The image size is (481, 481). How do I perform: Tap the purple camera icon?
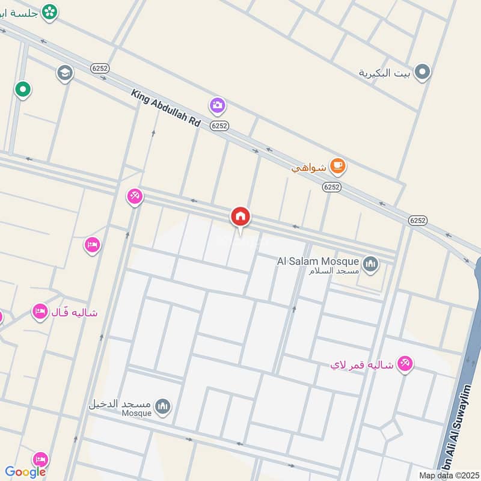click(x=218, y=106)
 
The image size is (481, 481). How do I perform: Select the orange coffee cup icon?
click(x=338, y=166)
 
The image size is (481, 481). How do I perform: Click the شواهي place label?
click(x=308, y=168)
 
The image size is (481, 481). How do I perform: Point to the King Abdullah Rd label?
click(x=165, y=108)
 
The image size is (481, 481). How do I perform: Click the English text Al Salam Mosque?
click(x=317, y=262)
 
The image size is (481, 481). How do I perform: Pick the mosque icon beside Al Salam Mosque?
click(x=371, y=263)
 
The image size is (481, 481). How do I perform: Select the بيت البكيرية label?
click(x=384, y=73)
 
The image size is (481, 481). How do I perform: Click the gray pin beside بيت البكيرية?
click(x=423, y=73)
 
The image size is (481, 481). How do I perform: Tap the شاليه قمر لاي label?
click(x=361, y=365)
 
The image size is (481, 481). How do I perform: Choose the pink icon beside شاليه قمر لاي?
click(x=405, y=363)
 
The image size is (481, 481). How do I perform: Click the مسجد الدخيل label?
click(x=119, y=403)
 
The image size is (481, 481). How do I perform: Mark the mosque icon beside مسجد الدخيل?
click(x=162, y=407)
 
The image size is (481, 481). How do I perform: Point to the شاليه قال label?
click(x=75, y=313)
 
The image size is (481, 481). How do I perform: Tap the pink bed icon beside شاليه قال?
click(x=40, y=311)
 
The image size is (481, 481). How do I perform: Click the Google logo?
click(x=25, y=472)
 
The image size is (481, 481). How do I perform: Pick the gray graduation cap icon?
click(x=65, y=73)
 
